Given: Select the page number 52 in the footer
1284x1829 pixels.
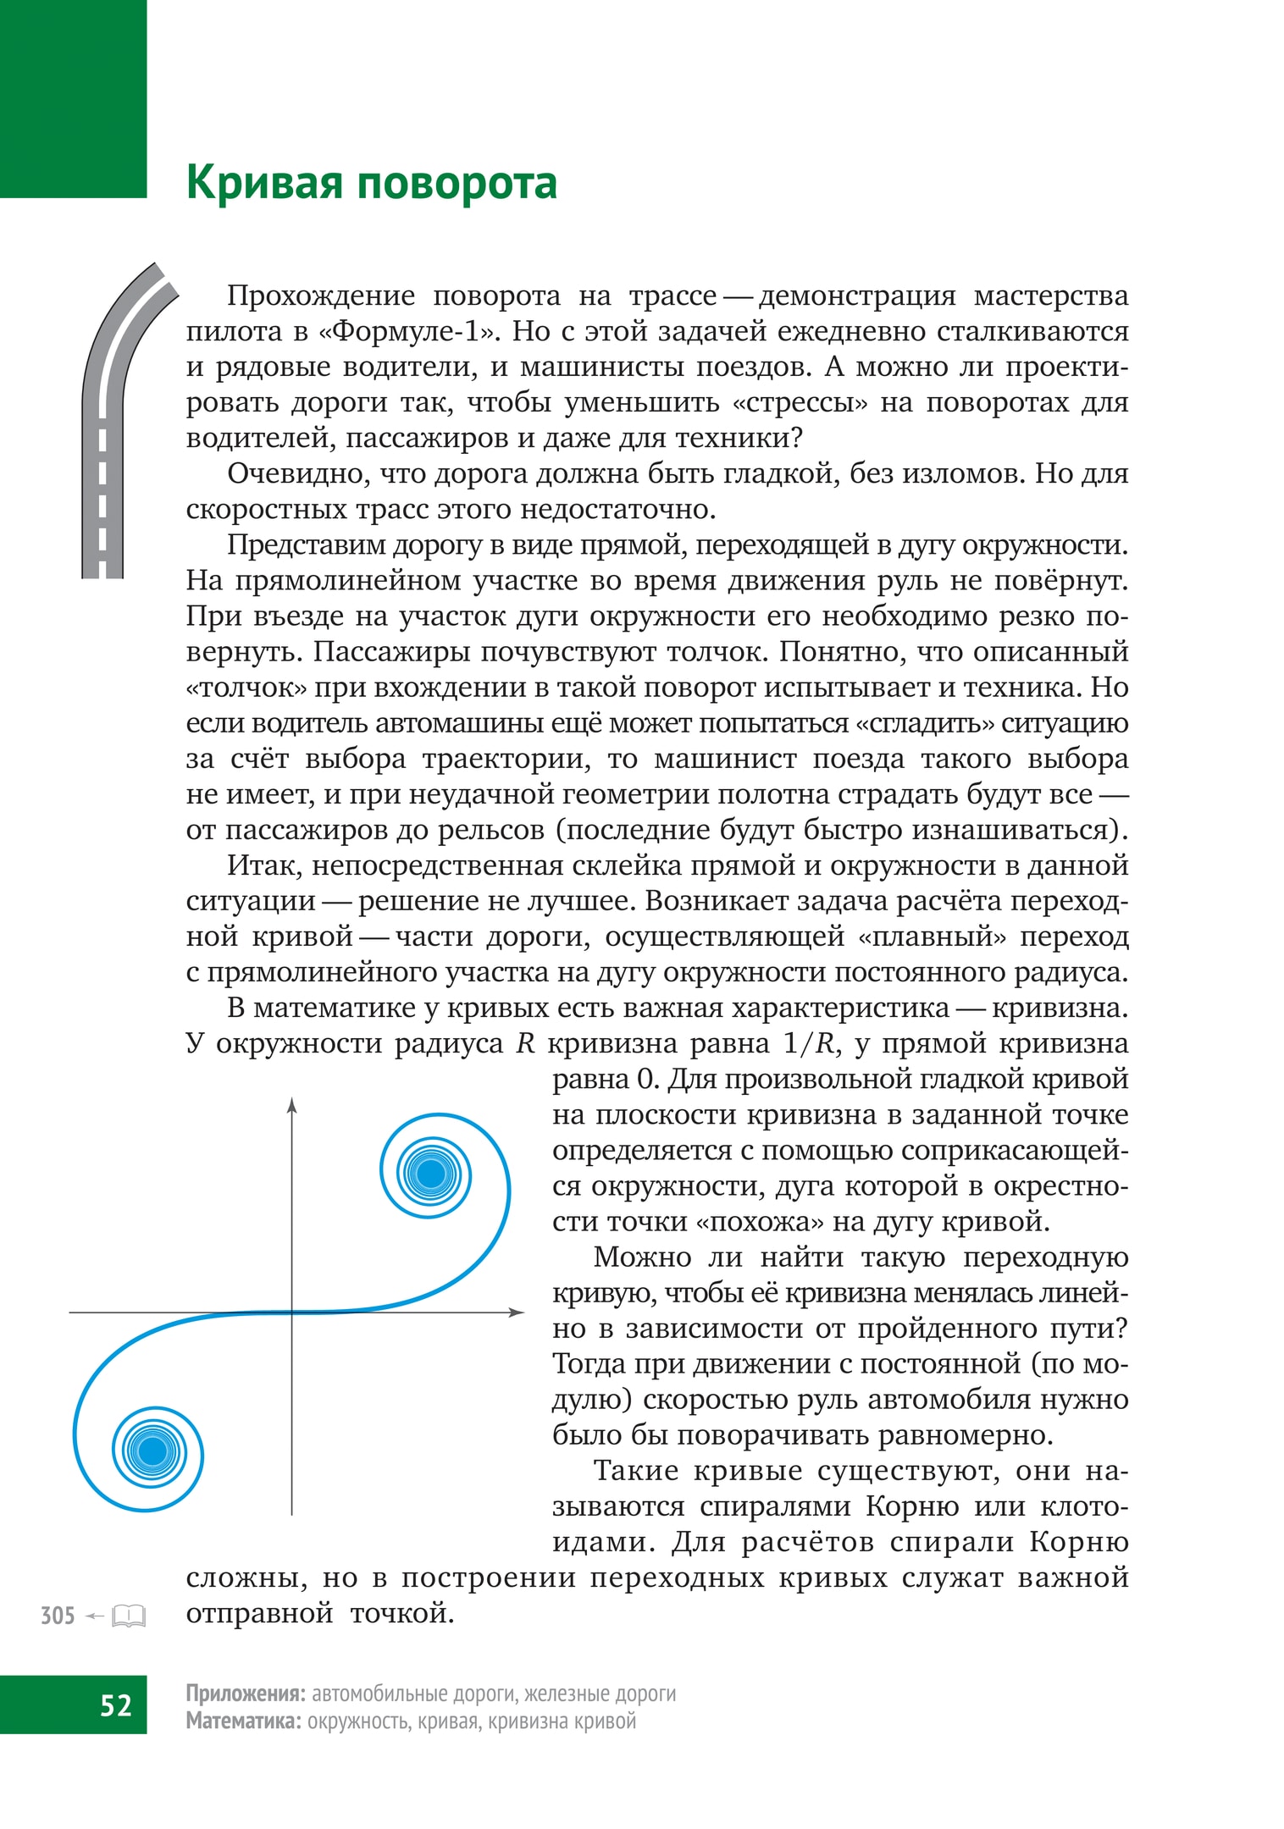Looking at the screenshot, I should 115,1705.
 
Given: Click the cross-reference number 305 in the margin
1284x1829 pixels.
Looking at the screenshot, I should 58,1616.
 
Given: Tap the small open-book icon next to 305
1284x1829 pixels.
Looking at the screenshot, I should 129,1616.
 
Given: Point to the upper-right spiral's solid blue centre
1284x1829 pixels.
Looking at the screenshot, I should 430,1174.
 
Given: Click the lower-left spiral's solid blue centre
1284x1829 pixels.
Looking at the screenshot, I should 153,1450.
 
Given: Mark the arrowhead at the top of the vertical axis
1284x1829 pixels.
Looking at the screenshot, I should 291,1105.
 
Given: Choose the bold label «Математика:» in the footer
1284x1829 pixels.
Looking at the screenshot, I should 243,1721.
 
